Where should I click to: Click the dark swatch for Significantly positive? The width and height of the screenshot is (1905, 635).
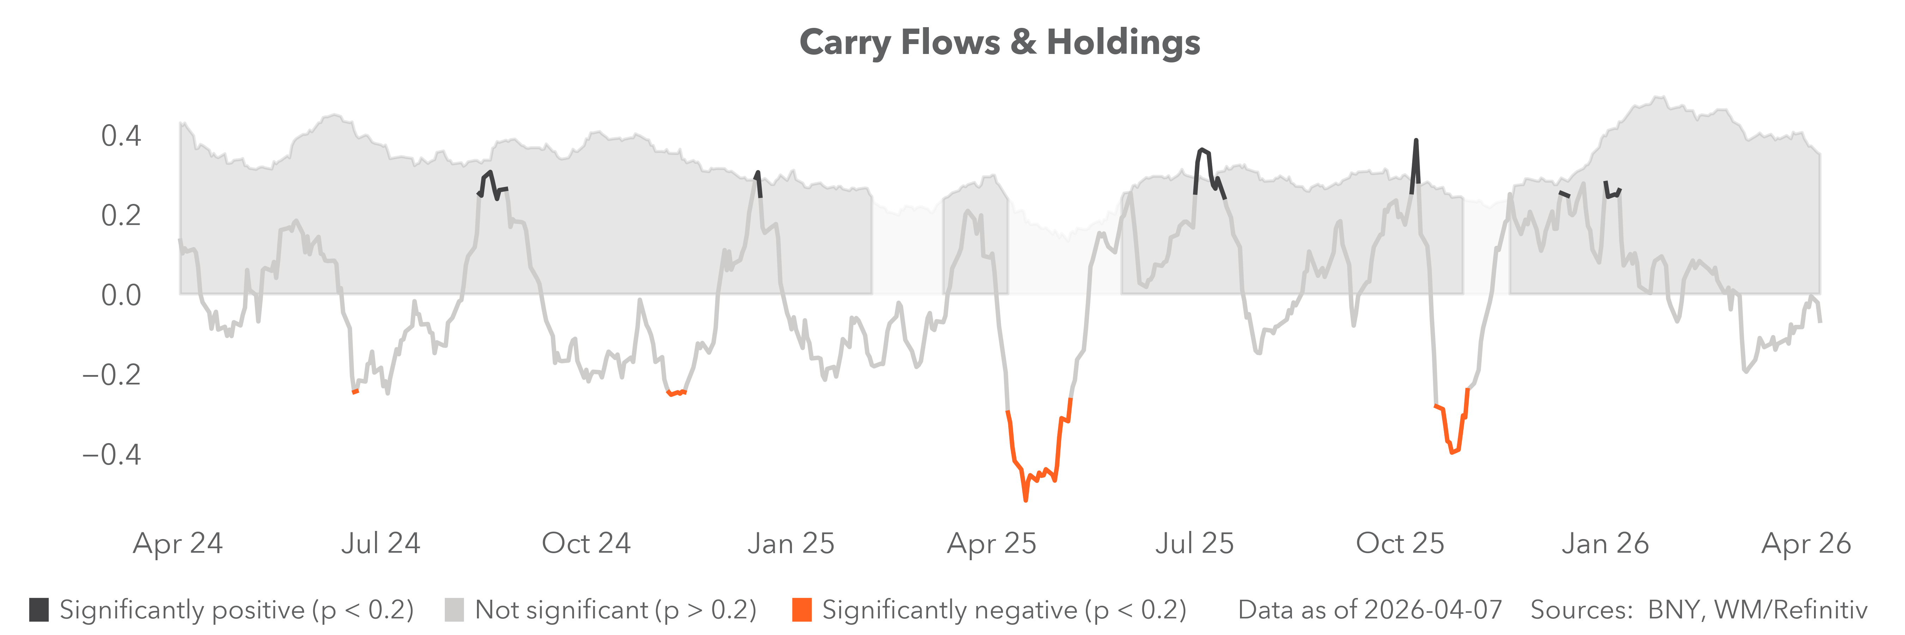pos(39,610)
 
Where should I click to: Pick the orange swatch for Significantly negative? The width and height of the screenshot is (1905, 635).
pos(802,610)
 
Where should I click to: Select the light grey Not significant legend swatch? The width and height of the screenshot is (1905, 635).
pos(454,610)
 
